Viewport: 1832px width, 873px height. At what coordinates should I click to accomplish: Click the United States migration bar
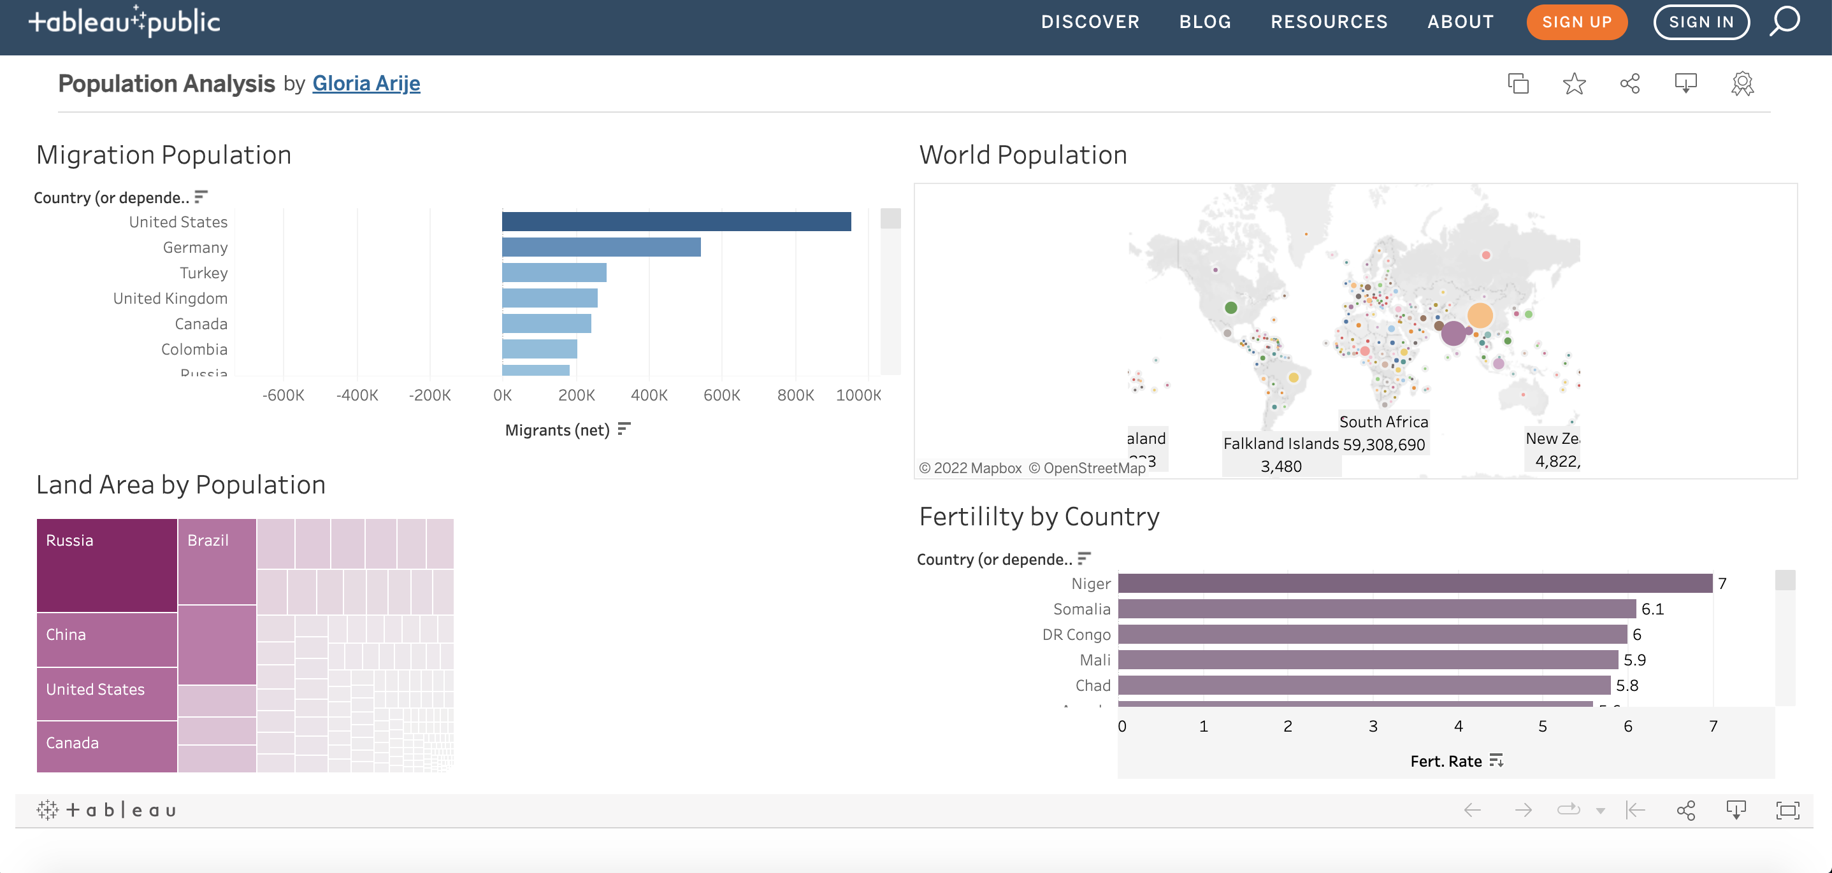pos(675,222)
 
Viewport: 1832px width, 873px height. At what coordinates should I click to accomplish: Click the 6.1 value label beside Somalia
pos(1652,609)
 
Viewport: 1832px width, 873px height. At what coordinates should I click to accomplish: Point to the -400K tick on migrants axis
pos(357,395)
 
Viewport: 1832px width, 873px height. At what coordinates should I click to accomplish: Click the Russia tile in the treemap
pos(106,565)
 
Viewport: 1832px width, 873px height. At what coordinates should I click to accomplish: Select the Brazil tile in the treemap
pos(217,562)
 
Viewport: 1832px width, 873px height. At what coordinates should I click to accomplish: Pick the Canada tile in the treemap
pos(106,746)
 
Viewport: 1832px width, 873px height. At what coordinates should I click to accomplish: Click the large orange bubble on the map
pos(1480,315)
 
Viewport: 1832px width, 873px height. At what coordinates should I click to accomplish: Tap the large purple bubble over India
pos(1453,332)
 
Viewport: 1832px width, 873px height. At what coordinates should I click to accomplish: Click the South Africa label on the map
pos(1383,422)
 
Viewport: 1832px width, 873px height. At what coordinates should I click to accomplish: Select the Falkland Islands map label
pos(1280,444)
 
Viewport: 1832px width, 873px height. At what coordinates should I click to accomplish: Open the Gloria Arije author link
pos(366,84)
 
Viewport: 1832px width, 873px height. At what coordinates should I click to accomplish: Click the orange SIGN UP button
pos(1576,22)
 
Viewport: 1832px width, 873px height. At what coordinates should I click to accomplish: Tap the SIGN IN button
pos(1701,22)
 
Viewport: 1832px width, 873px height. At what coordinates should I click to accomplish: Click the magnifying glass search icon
pos(1784,21)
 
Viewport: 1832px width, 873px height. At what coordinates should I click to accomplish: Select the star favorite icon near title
pos(1574,84)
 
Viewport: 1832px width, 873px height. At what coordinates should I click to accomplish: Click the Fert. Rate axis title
pos(1446,762)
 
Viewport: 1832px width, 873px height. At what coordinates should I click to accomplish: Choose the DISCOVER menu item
pos(1090,22)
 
